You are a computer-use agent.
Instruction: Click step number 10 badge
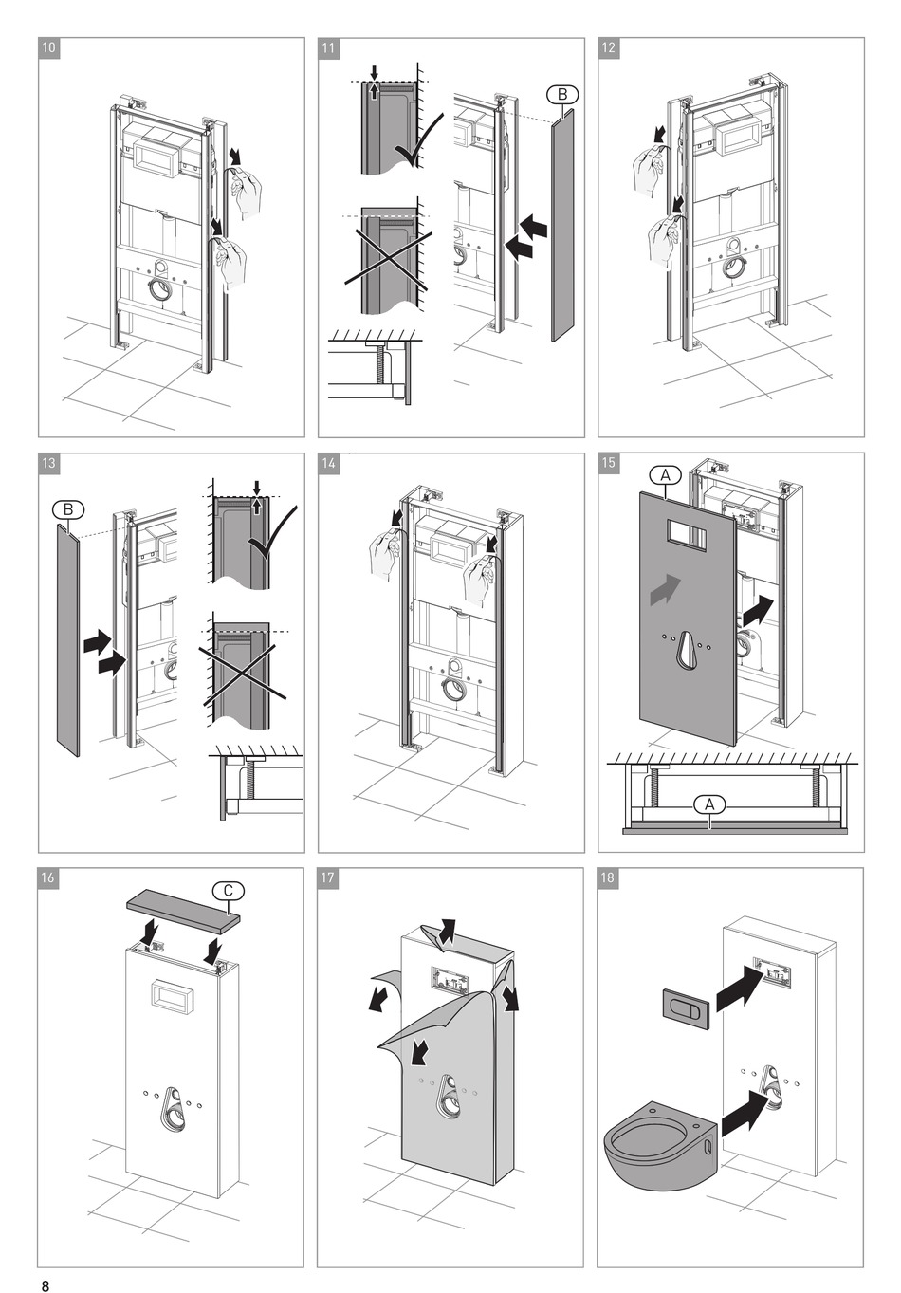click(x=49, y=48)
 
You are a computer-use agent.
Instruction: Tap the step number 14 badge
click(x=328, y=463)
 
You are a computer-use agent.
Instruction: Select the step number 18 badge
click(x=608, y=878)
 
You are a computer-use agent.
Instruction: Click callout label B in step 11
click(x=562, y=94)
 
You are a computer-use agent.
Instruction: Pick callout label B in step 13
click(x=68, y=509)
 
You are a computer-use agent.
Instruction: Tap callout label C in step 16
click(x=228, y=891)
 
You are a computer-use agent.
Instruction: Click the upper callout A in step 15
click(x=665, y=475)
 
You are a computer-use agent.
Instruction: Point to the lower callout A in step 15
click(x=710, y=804)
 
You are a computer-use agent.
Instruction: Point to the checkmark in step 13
click(x=272, y=533)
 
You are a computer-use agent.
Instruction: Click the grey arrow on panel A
click(x=666, y=589)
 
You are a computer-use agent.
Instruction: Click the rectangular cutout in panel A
click(x=686, y=534)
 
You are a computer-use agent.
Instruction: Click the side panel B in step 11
click(x=562, y=225)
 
